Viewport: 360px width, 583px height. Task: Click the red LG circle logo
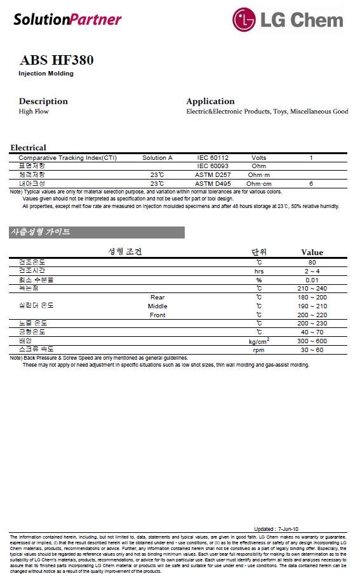point(245,20)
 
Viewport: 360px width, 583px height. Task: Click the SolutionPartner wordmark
point(67,20)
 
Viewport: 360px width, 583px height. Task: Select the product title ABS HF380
point(57,61)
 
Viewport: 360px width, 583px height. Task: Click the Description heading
point(43,102)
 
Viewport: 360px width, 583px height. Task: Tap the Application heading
point(210,102)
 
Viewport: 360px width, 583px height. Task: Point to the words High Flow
point(34,112)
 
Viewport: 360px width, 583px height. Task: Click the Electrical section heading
point(28,148)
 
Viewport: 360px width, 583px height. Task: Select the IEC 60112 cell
point(213,157)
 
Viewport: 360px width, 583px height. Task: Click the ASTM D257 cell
point(213,174)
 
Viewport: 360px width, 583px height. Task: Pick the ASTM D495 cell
point(213,183)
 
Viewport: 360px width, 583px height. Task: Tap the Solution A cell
point(157,157)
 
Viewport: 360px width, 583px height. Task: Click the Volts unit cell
point(259,157)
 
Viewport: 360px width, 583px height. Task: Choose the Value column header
point(312,252)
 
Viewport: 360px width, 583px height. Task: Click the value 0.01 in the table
point(312,280)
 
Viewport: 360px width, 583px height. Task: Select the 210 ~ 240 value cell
point(312,289)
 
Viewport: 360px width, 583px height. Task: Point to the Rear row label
point(157,297)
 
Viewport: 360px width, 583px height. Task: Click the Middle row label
point(157,306)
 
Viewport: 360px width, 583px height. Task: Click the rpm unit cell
point(259,350)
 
